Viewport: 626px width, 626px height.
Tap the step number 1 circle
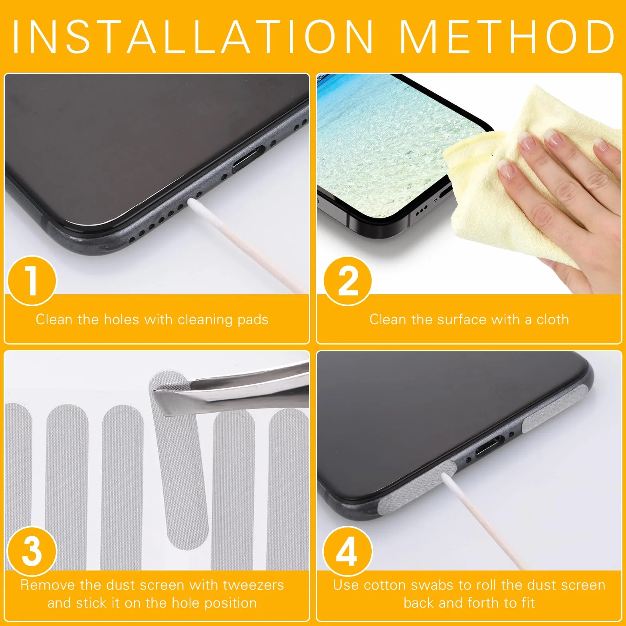(x=32, y=281)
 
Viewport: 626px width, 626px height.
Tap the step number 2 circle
(x=347, y=281)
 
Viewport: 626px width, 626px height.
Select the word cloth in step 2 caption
(x=553, y=319)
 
